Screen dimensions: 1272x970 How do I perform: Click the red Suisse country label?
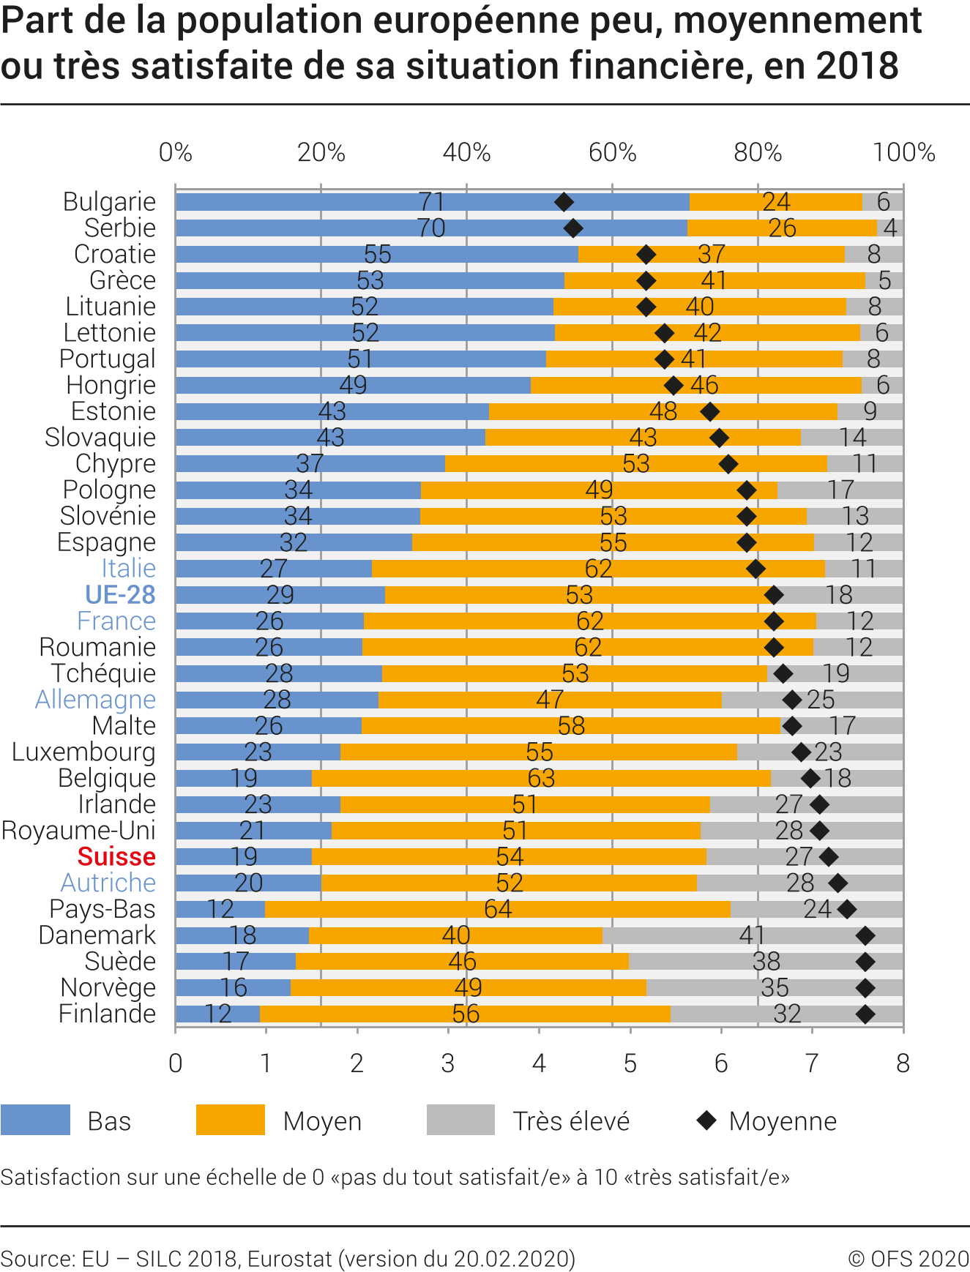tap(116, 856)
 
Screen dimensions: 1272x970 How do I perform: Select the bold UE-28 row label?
tap(120, 595)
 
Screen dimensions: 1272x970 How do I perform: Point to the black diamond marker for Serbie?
tap(573, 228)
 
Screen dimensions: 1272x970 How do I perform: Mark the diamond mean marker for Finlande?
tap(865, 1014)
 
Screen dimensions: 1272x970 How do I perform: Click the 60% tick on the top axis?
tap(612, 152)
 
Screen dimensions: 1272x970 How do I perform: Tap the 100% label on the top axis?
tap(903, 152)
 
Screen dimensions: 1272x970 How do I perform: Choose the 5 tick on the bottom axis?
tap(630, 1063)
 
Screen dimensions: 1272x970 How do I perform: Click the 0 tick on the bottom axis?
tap(176, 1063)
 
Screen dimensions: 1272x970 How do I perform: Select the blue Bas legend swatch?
tap(36, 1120)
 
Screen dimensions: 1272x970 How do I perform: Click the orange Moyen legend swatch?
tap(231, 1120)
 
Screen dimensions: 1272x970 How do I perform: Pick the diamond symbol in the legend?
tap(706, 1120)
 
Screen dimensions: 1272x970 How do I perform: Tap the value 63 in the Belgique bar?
tap(541, 778)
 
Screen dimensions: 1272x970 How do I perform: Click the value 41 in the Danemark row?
tap(752, 935)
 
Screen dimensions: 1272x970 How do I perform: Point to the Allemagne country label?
tap(95, 700)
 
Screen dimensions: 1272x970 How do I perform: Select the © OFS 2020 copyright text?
tap(909, 1259)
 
